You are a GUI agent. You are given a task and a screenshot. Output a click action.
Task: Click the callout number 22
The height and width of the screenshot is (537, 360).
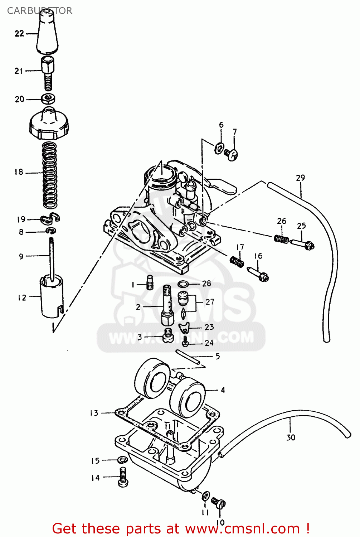[x=19, y=34]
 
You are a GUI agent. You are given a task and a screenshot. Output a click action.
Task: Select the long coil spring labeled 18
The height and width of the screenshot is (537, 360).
[x=50, y=175]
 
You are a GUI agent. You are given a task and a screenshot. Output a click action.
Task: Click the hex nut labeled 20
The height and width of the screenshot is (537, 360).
[x=48, y=98]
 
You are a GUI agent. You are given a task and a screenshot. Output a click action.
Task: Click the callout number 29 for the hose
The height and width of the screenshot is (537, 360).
[x=300, y=178]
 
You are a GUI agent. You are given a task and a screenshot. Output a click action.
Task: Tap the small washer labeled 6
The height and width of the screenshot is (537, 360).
[x=219, y=148]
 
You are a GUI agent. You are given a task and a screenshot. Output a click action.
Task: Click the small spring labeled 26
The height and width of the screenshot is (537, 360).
[x=281, y=239]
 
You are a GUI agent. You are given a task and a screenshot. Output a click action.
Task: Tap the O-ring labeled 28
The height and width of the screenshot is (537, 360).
[x=184, y=284]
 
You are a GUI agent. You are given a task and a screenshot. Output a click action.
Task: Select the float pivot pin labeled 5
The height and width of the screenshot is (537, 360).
[x=188, y=357]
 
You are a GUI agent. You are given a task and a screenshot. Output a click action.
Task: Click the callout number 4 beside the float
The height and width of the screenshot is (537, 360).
[x=223, y=390]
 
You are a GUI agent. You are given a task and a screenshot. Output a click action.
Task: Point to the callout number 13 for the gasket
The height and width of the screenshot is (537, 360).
[x=94, y=413]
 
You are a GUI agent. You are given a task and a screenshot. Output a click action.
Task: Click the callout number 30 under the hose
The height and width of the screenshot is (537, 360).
[x=291, y=437]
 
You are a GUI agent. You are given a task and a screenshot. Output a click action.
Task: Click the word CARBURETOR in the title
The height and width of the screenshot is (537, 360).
[x=39, y=11]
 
